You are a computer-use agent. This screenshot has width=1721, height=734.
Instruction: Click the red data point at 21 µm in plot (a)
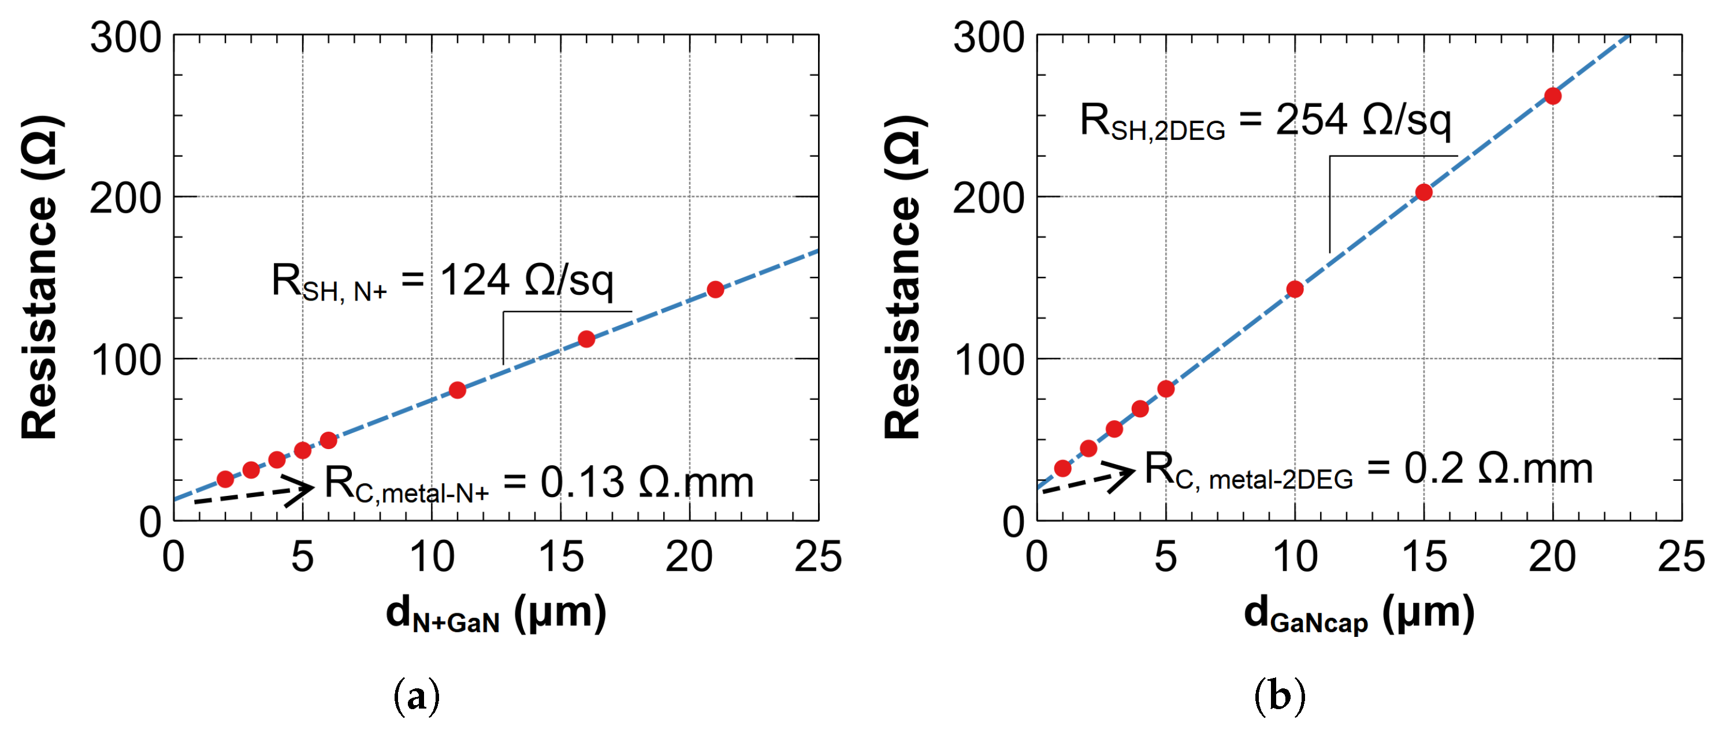coord(715,290)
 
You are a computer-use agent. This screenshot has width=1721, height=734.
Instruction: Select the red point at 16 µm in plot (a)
coord(586,339)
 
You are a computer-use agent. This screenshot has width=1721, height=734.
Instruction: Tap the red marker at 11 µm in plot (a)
coord(457,390)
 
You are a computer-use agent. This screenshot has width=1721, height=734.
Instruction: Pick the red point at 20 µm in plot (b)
coord(1553,97)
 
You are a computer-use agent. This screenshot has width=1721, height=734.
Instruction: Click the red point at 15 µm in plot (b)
coord(1423,192)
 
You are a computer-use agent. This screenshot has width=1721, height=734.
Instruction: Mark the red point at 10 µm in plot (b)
coord(1295,289)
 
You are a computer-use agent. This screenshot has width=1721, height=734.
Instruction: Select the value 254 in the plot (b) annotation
coord(1311,120)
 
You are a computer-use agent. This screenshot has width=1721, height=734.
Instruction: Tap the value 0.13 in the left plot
coord(582,482)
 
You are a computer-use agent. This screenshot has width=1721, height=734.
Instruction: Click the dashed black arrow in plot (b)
coord(1088,480)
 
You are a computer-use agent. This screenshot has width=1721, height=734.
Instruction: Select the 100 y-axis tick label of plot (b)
coord(989,360)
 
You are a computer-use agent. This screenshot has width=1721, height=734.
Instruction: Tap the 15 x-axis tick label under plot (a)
coord(560,557)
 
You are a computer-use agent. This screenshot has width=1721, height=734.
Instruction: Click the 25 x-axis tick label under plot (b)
coord(1681,557)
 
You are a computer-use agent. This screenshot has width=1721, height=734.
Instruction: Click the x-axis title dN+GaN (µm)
coord(496,614)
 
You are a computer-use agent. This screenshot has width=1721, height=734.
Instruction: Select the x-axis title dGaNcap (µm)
coord(1359,614)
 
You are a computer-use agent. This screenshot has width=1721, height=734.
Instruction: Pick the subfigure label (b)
coord(1280,696)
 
